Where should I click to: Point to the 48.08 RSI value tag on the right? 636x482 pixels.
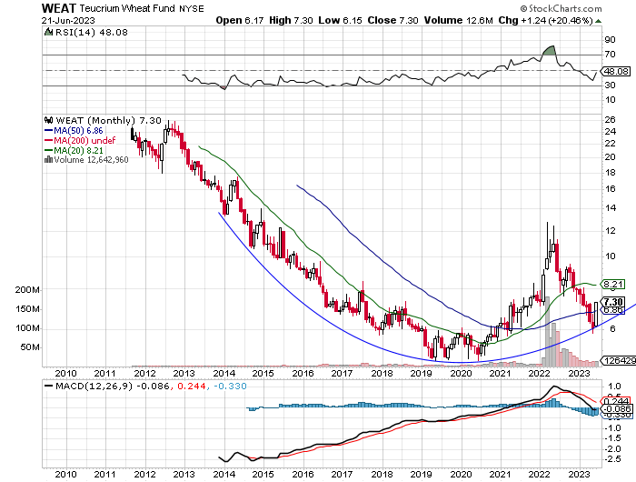tap(615, 70)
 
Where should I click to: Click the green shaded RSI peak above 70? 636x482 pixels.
tap(549, 48)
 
